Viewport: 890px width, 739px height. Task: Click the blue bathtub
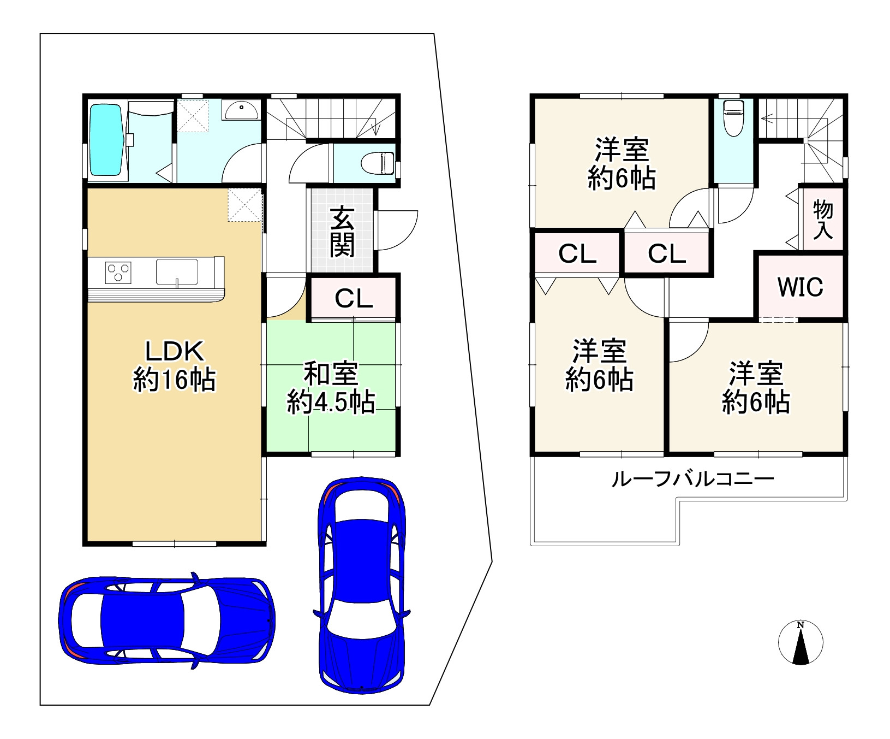[106, 140]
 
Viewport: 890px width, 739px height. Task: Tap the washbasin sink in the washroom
[241, 111]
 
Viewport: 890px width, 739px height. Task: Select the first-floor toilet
[378, 162]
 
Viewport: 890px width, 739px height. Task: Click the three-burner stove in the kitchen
[118, 272]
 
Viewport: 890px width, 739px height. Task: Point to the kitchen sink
[177, 272]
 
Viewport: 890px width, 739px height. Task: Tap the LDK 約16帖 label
[174, 366]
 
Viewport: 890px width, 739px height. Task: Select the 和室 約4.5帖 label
[331, 388]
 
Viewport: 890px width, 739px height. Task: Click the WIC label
[800, 287]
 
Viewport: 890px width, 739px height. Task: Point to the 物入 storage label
[823, 219]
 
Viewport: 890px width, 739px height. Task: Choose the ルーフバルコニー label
[692, 480]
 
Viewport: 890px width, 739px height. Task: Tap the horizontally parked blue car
[166, 620]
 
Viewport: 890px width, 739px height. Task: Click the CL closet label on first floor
[354, 299]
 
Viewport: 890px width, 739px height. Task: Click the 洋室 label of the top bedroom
[622, 150]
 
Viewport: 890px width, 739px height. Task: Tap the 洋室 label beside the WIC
[756, 374]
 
